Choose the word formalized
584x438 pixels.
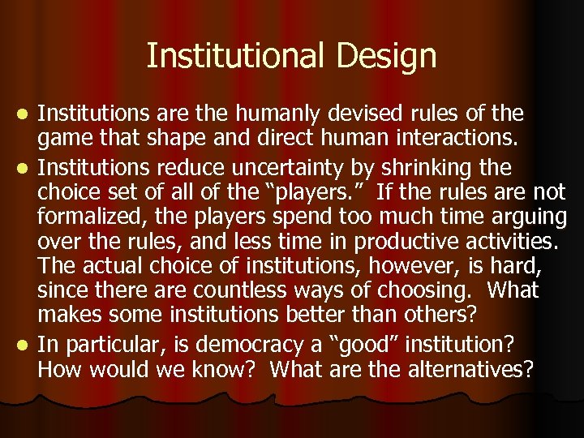tap(88, 217)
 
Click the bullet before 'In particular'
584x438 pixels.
tap(24, 346)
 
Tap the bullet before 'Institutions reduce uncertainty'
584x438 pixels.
tap(24, 169)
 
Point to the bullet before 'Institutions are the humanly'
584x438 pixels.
tap(24, 114)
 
